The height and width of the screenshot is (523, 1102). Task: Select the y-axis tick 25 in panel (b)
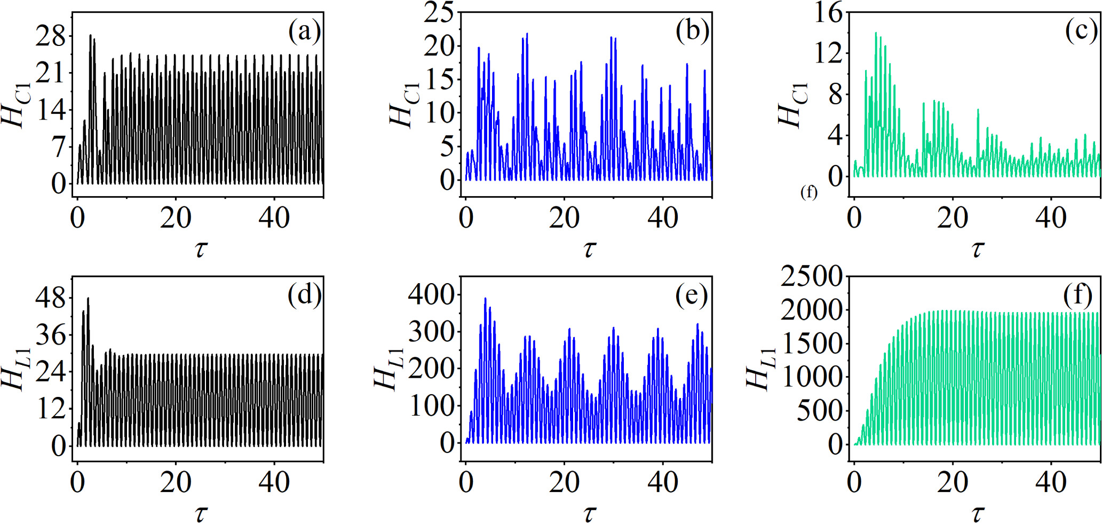pos(439,12)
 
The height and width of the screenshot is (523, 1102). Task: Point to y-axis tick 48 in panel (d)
pos(51,298)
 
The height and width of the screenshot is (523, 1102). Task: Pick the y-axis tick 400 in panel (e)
pos(431,294)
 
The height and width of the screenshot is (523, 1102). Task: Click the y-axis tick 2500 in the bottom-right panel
pos(811,276)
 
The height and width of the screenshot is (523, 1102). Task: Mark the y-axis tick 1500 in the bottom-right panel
pos(811,344)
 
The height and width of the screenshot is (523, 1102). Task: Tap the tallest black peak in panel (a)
pos(90,35)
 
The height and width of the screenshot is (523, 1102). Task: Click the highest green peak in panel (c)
pos(876,33)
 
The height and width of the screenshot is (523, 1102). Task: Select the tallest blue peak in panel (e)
pos(485,299)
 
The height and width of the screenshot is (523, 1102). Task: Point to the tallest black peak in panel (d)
pos(88,299)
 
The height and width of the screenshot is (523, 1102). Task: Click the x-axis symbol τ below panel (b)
pos(589,248)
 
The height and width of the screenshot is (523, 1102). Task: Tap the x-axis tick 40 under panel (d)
pos(274,482)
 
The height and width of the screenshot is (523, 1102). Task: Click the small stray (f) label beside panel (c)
pos(808,192)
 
